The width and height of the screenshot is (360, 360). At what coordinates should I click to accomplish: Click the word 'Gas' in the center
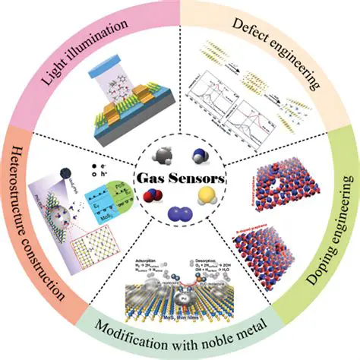click(x=154, y=181)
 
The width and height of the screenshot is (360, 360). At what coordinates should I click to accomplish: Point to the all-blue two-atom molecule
click(x=180, y=212)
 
